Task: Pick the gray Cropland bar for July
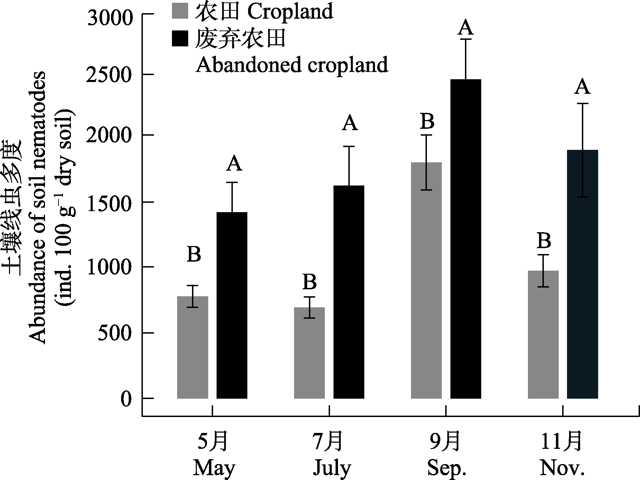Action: point(309,353)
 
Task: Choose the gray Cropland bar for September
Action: point(426,280)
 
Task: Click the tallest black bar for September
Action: point(466,239)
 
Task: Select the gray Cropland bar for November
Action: point(543,334)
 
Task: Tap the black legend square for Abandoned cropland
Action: point(180,38)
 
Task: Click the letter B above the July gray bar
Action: point(309,282)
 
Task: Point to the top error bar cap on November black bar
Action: point(583,103)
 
